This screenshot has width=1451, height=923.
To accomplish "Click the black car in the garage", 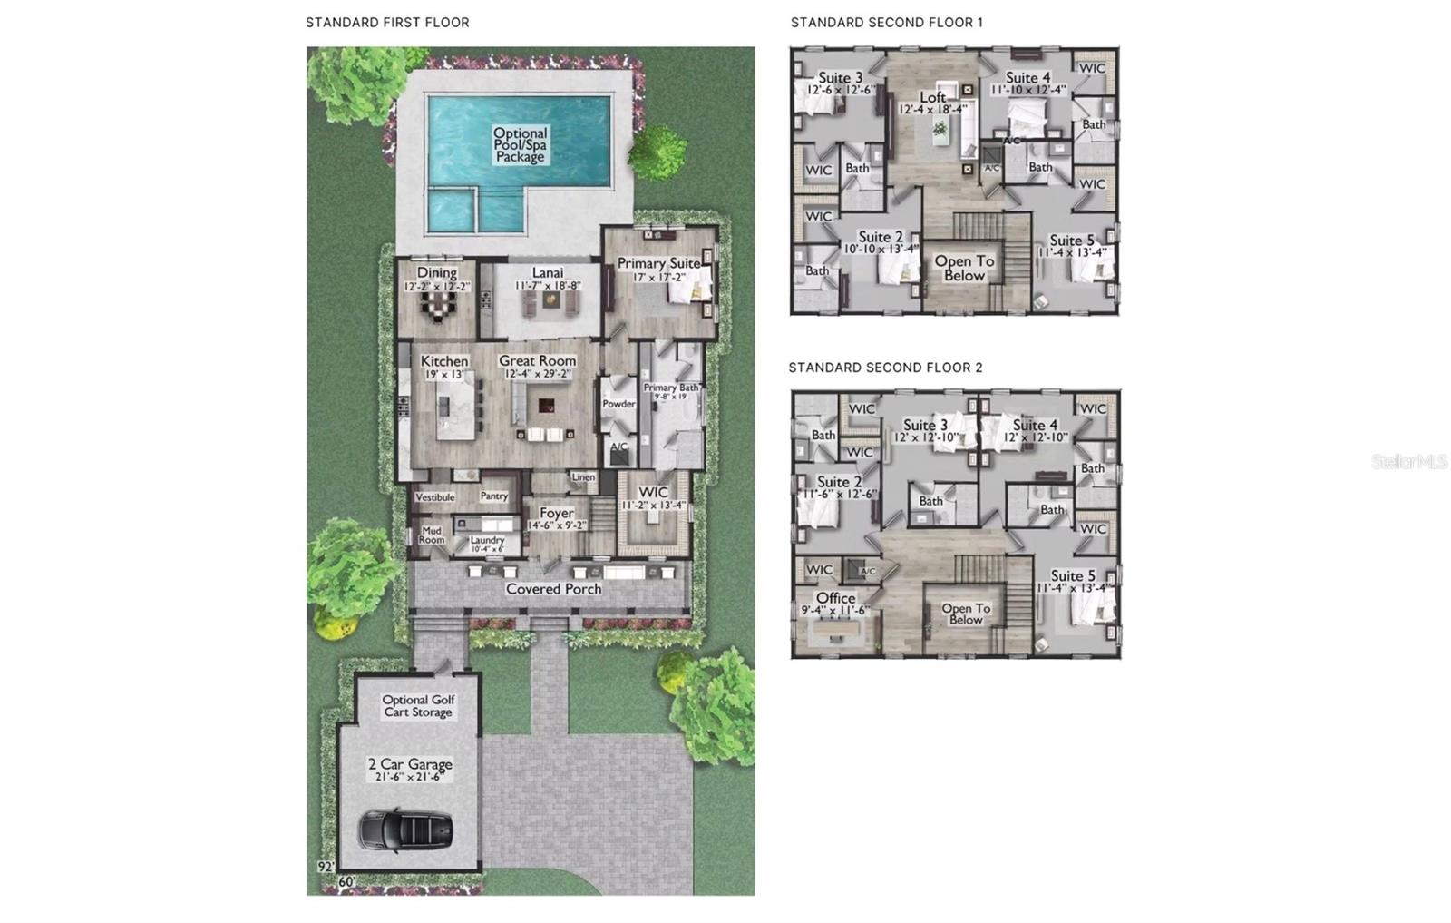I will (x=406, y=830).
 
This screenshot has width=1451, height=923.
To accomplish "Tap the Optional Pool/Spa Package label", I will (x=520, y=145).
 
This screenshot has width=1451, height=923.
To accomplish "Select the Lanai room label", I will (x=547, y=273).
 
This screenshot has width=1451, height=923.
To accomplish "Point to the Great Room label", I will (x=537, y=361).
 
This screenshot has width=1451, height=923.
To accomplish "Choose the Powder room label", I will (x=618, y=404).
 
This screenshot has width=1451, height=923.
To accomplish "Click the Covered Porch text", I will (x=553, y=589).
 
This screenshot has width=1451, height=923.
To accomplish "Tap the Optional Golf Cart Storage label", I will (x=418, y=706).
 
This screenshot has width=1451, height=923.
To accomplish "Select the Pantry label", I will (x=494, y=496).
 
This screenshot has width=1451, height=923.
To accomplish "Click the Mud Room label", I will (x=432, y=535).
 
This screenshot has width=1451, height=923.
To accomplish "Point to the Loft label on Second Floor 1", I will (x=933, y=98).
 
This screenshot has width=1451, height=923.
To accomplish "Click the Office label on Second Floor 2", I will (x=835, y=598).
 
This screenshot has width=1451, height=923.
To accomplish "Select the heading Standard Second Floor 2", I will (x=885, y=368).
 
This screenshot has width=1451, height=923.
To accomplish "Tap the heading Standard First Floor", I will (x=387, y=23).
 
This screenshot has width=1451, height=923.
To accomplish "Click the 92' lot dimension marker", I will (x=326, y=867).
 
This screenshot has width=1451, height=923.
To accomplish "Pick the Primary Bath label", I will (x=671, y=388).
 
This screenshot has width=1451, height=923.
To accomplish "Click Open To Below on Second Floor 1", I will (x=964, y=268).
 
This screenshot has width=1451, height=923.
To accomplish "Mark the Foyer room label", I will (x=556, y=513).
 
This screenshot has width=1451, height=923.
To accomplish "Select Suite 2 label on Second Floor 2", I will (x=839, y=482).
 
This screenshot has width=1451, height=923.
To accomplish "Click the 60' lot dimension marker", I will (x=346, y=881).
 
